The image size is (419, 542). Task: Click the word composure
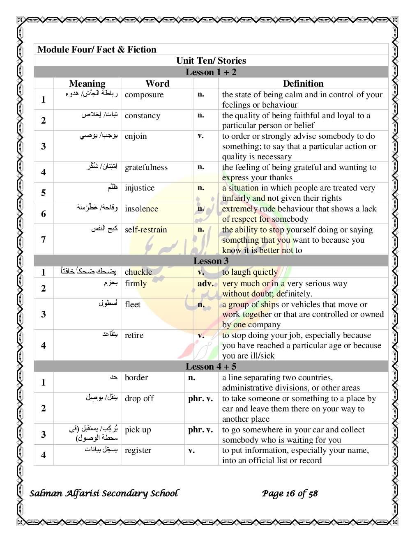point(144,95)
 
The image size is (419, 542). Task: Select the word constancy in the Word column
point(142,116)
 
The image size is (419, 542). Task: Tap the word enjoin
point(136,136)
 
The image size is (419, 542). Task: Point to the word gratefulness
point(146,168)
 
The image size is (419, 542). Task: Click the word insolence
point(141,209)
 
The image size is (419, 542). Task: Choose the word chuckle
point(138,272)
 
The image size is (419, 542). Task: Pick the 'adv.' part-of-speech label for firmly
point(205,283)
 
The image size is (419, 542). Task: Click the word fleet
point(132,304)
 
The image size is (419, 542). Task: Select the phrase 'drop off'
point(139,398)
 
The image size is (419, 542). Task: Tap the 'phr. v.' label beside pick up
point(200,430)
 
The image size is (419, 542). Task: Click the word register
point(138,450)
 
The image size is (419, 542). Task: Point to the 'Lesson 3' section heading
point(211,261)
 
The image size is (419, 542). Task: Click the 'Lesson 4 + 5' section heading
point(211,367)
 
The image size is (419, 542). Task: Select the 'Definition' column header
point(303,84)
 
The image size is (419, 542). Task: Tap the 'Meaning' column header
point(87,84)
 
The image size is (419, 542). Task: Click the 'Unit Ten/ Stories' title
point(211,61)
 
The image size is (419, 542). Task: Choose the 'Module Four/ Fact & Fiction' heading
point(97,50)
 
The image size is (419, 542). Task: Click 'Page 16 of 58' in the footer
point(290,494)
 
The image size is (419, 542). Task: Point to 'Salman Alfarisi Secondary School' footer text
point(104,493)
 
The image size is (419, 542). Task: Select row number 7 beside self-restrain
point(44,239)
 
